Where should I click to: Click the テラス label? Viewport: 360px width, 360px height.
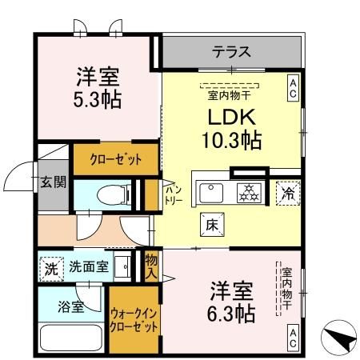click(x=231, y=54)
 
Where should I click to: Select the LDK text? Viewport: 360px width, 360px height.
click(x=230, y=117)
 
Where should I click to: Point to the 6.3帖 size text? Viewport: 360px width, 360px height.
click(x=233, y=312)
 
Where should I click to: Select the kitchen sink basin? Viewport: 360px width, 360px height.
click(x=212, y=192)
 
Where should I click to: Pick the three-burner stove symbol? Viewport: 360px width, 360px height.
click(x=248, y=192)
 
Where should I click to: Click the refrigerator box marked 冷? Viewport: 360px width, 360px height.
click(x=287, y=192)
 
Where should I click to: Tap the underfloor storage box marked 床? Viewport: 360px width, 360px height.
click(x=212, y=225)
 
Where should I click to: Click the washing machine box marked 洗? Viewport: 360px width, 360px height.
click(x=50, y=267)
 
